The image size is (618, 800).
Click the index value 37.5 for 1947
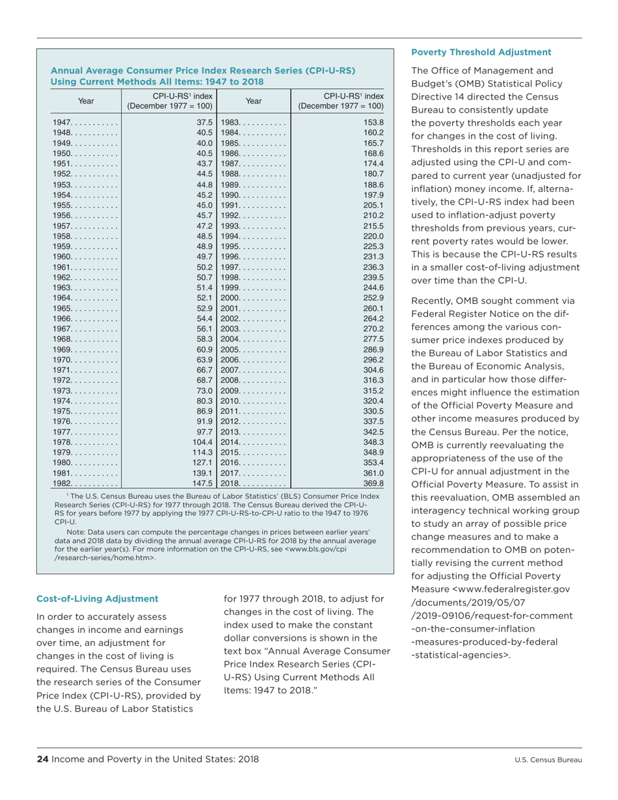pyautogui.click(x=206, y=122)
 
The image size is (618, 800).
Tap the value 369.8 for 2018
pyautogui.click(x=374, y=484)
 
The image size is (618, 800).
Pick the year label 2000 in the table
pyautogui.click(x=232, y=298)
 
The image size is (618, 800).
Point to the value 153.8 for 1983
pyautogui.click(x=374, y=122)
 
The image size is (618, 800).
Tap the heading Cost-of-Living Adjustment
pyautogui.click(x=97, y=598)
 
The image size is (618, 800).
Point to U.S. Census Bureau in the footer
pyautogui.click(x=548, y=760)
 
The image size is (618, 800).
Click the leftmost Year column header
pyautogui.click(x=86, y=101)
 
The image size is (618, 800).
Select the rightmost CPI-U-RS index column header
pyautogui.click(x=340, y=101)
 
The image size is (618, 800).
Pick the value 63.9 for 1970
pyautogui.click(x=206, y=360)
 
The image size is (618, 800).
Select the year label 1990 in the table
pyautogui.click(x=232, y=194)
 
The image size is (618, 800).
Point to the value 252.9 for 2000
pyautogui.click(x=374, y=298)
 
